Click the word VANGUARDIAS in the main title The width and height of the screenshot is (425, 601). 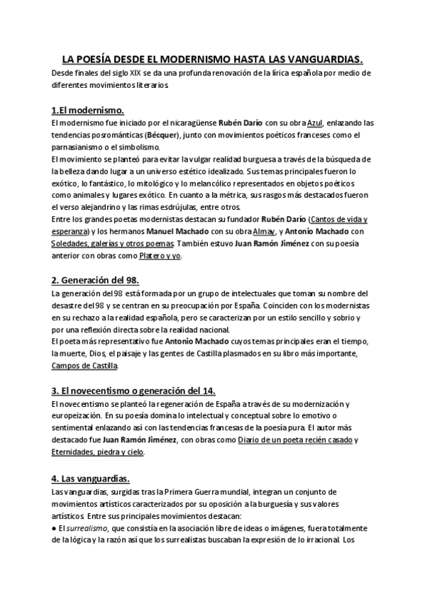pos(320,60)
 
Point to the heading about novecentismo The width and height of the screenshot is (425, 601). pos(133,391)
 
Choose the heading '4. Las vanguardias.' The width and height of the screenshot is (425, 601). pos(90,478)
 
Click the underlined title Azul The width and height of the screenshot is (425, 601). pos(315,123)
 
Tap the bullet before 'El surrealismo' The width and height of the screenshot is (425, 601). pos(55,528)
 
